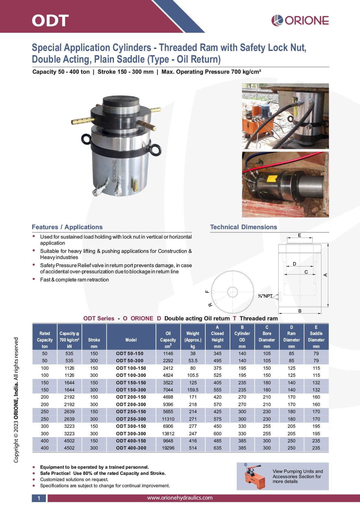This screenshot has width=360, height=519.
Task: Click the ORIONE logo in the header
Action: coord(300,20)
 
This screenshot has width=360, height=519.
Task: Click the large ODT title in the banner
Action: coord(50,20)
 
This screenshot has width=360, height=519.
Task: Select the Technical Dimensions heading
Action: coord(243,227)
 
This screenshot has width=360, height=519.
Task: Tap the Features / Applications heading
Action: coord(67,227)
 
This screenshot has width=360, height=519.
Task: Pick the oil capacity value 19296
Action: coord(168,448)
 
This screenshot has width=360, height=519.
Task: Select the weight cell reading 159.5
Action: coord(193,390)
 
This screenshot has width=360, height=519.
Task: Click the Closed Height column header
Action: coord(217,337)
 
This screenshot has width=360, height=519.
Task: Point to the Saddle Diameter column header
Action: coord(316,337)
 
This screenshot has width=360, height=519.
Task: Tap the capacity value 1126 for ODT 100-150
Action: coord(69,368)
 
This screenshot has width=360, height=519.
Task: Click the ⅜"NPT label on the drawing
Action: coord(265,296)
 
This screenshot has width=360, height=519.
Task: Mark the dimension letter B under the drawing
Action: coord(300,311)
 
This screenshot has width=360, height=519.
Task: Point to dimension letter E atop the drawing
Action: coord(299,235)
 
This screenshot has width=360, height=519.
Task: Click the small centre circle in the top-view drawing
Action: coord(232,292)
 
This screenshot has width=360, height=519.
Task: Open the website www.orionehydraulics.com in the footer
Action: coord(180,498)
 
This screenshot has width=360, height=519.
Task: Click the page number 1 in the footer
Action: coord(39,498)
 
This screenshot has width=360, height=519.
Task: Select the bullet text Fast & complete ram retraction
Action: coord(74,279)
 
